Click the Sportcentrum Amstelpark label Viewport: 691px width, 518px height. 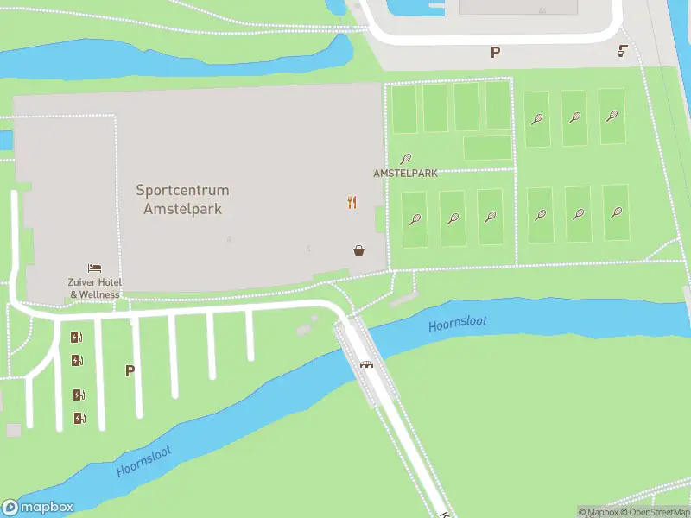click(182, 199)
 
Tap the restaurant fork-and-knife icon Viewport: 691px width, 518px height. click(352, 203)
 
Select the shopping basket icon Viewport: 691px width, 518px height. click(358, 250)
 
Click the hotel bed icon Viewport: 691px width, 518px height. click(94, 269)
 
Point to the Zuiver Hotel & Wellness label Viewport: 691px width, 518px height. click(95, 288)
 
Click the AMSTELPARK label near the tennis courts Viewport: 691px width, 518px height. click(405, 173)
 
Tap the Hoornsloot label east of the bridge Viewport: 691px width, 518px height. click(458, 322)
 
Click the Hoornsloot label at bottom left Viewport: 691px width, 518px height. click(144, 461)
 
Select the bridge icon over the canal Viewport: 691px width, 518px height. click(367, 363)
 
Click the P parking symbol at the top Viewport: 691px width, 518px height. click(495, 52)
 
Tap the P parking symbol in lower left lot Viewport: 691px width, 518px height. click(130, 371)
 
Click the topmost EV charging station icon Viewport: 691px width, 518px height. click(77, 338)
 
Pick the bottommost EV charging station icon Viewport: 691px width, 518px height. click(79, 418)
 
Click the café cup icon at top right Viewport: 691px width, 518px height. click(623, 52)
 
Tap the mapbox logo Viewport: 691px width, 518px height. click(38, 507)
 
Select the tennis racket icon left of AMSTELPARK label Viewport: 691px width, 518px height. click(405, 159)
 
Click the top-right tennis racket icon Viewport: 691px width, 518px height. click(612, 116)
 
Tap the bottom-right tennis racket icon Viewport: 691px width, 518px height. click(616, 212)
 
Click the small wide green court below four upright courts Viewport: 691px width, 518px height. click(487, 148)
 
